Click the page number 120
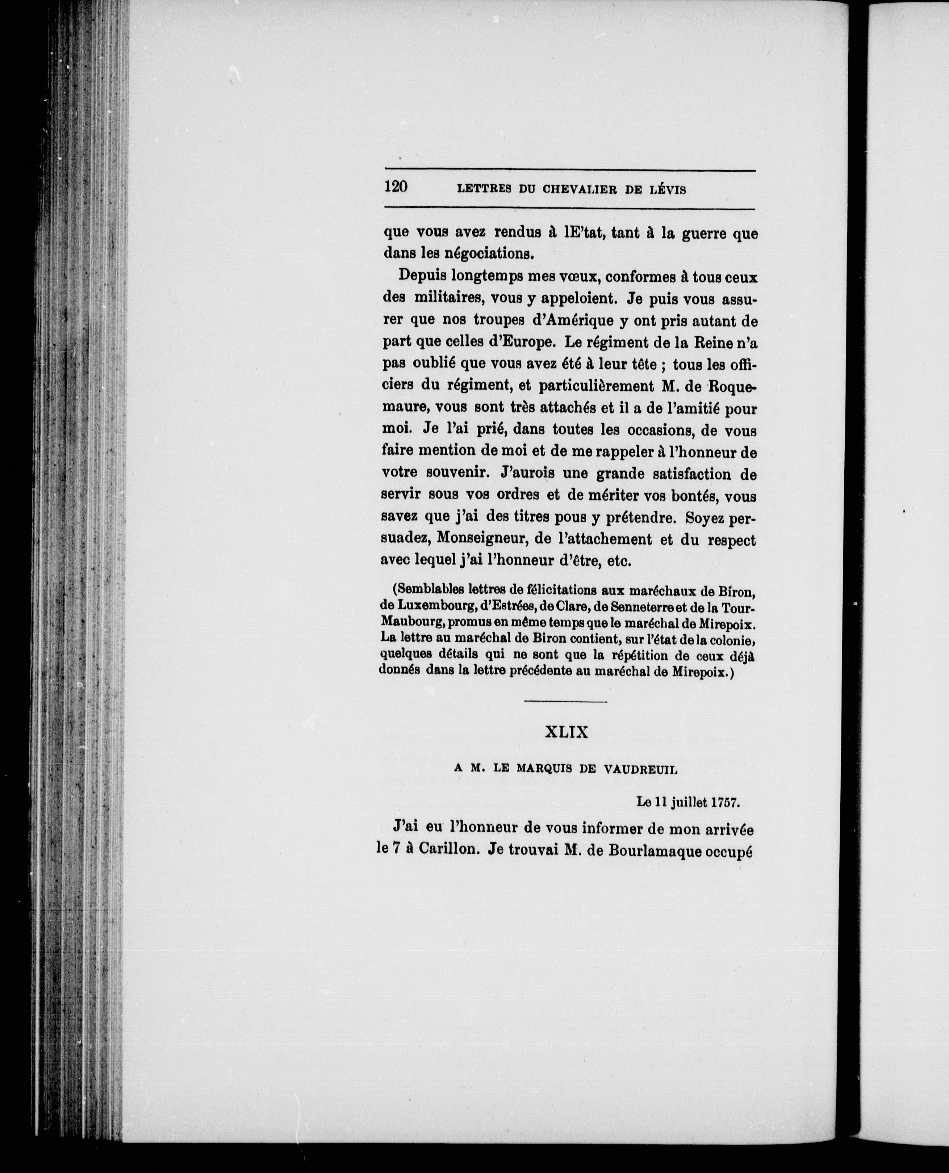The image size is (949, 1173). (396, 187)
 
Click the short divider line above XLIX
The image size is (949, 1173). (565, 702)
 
